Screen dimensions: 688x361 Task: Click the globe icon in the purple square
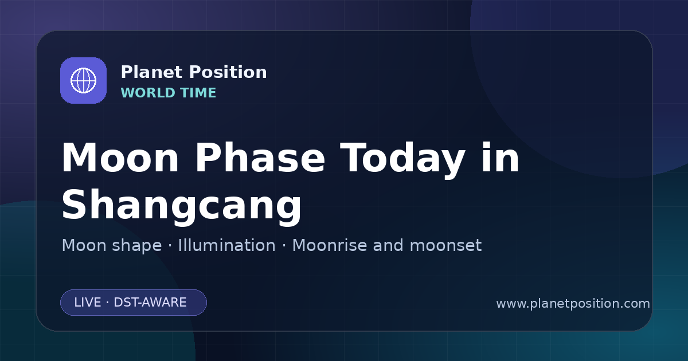click(x=84, y=80)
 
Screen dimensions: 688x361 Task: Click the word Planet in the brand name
click(x=152, y=72)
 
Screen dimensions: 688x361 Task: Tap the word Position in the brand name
click(x=228, y=72)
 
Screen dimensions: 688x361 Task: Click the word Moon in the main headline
click(x=120, y=158)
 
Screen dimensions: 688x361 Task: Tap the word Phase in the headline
click(x=260, y=158)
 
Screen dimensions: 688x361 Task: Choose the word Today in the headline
click(x=402, y=160)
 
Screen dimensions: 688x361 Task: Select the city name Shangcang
click(x=182, y=207)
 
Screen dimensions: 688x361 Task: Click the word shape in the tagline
click(x=136, y=246)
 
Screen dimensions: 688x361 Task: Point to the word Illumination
click(x=226, y=245)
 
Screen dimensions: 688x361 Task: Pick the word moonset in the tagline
click(x=445, y=246)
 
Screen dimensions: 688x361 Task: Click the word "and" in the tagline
click(x=388, y=245)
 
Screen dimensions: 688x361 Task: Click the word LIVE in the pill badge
click(x=88, y=303)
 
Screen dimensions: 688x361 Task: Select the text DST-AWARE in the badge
click(x=150, y=303)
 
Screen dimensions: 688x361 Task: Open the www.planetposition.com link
click(x=573, y=304)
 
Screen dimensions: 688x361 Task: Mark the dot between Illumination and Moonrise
click(x=284, y=246)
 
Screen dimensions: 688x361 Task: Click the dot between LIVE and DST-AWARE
click(x=107, y=303)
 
